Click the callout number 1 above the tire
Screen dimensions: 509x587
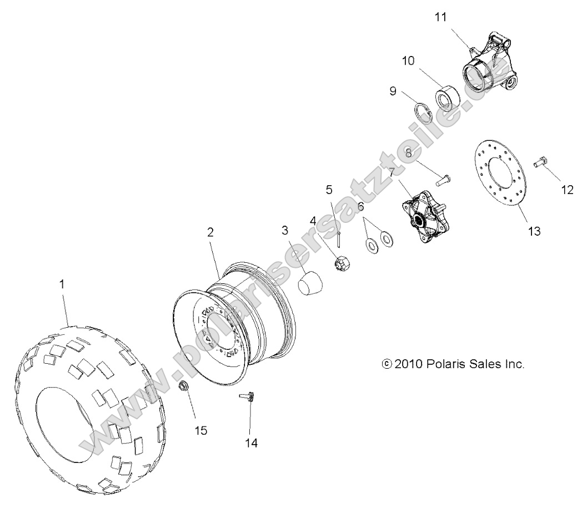62,284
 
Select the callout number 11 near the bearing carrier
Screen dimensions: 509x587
440,17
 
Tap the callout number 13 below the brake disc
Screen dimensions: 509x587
518,231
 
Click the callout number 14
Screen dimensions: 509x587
252,442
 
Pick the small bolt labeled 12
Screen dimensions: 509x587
541,162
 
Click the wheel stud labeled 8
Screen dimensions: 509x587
443,179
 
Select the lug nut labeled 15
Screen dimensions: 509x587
184,386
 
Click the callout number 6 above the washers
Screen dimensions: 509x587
360,206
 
